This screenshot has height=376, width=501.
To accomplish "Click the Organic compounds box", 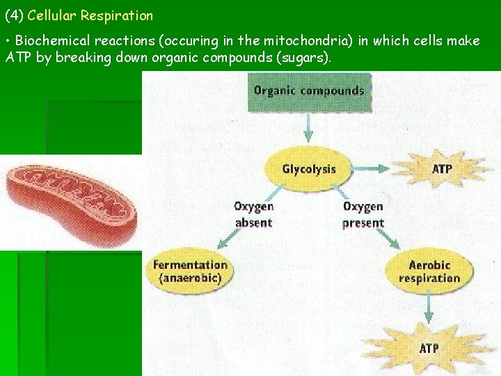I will pos(308,91).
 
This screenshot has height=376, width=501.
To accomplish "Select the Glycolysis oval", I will pos(308,169).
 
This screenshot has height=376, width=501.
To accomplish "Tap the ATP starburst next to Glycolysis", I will pos(442,169).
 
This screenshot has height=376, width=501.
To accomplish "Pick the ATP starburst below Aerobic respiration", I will pos(429,347).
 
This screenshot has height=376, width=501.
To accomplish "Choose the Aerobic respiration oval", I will pos(429,272).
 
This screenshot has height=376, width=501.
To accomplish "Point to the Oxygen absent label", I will pos(253,214).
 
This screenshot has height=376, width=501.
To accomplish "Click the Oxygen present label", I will pos(363,214).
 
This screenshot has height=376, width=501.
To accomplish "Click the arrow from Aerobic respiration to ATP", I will pos(429,306).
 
